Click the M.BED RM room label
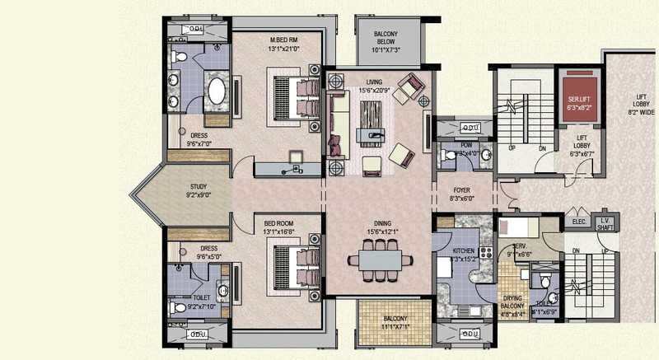tap(283, 40)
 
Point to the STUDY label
tap(198, 187)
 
